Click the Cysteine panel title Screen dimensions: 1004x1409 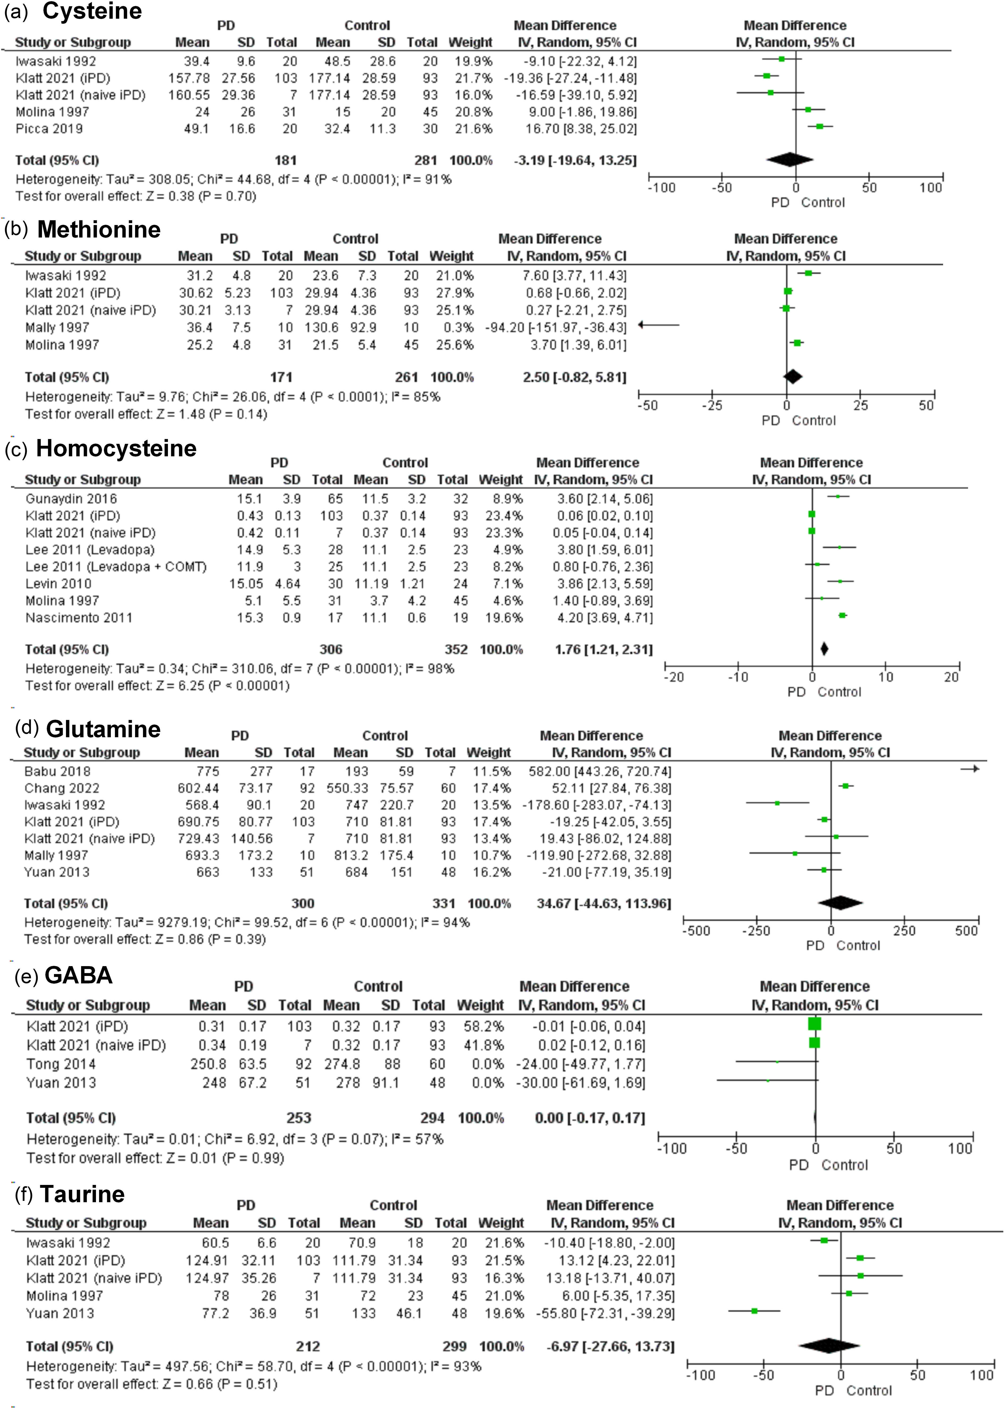coord(92,11)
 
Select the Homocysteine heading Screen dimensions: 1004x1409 coord(116,448)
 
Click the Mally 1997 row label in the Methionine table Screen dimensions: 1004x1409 coord(57,327)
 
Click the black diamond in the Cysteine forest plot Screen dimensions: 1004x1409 coord(789,160)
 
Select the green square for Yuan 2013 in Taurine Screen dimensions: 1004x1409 coord(754,1311)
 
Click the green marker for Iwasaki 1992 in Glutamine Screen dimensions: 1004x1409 coord(777,803)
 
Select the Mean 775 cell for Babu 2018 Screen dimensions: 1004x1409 coord(208,771)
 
